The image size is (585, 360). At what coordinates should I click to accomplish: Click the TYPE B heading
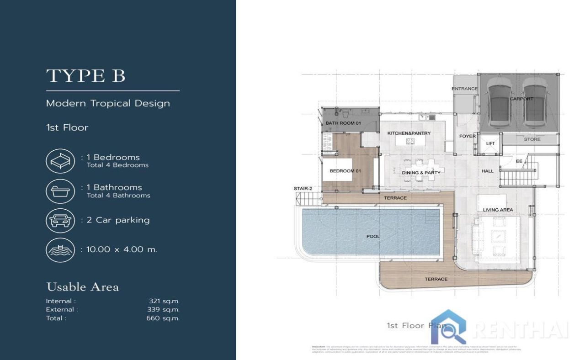[85, 76]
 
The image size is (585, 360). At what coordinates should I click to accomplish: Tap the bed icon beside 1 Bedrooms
[60, 161]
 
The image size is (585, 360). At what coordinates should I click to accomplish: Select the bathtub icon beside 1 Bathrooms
[60, 191]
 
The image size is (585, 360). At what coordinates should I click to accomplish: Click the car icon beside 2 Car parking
[60, 221]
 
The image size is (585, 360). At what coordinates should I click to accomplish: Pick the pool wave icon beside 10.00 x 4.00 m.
[60, 250]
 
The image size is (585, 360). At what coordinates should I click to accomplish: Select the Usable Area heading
[82, 287]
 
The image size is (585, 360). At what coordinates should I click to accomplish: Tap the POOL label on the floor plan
[373, 237]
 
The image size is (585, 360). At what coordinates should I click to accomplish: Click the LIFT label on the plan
[490, 143]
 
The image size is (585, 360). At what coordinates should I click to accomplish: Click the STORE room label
[532, 139]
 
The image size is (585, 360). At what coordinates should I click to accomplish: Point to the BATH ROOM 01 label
[343, 123]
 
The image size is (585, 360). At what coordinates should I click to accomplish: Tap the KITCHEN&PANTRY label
[409, 133]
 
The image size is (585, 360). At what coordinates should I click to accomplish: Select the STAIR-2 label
[303, 188]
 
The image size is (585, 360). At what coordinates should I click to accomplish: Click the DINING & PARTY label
[421, 173]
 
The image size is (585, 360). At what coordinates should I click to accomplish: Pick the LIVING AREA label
[498, 210]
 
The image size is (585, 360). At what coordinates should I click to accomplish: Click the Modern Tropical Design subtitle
[108, 103]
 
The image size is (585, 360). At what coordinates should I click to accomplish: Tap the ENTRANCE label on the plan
[464, 89]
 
